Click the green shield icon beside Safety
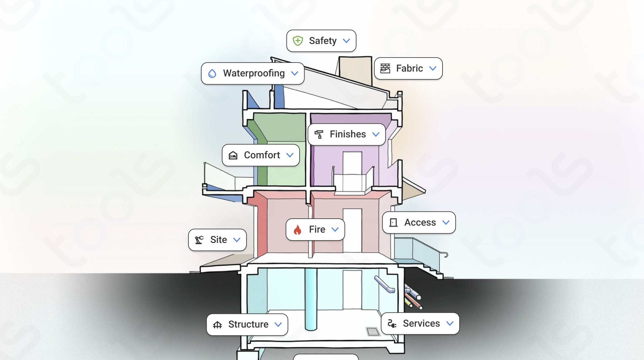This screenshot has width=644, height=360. (x=298, y=41)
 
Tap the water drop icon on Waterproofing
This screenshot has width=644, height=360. (x=212, y=73)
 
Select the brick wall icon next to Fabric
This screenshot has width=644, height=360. (x=385, y=69)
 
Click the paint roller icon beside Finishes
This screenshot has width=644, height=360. (x=319, y=134)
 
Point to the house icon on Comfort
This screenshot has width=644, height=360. (x=233, y=155)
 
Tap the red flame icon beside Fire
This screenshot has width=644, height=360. (x=297, y=230)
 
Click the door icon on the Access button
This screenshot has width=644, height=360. (x=393, y=223)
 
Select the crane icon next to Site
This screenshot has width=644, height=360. (x=199, y=240)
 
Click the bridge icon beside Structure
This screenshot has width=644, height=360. (x=217, y=325)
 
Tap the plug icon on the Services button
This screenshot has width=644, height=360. (x=392, y=324)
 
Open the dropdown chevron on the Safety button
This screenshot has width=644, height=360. (x=346, y=41)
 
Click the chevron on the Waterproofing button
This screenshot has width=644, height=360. (x=294, y=73)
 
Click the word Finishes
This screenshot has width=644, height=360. (x=348, y=134)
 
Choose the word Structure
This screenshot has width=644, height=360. (x=248, y=325)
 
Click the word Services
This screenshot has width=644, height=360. (x=421, y=324)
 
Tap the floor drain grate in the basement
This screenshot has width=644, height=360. (x=373, y=331)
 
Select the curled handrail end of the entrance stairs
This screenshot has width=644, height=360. (x=446, y=255)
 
